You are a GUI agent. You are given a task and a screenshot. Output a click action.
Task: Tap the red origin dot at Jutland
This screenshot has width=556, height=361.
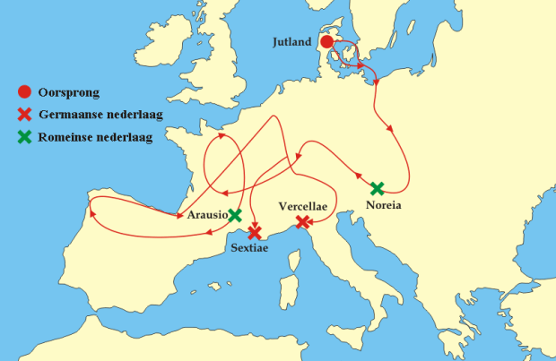(x=327, y=42)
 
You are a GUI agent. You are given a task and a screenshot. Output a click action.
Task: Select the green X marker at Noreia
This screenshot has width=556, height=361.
(x=378, y=188)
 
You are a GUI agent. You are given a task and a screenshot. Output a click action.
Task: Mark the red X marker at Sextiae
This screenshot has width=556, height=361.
(x=255, y=232)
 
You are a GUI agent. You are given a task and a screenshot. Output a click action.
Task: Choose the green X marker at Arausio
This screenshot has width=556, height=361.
(x=235, y=215)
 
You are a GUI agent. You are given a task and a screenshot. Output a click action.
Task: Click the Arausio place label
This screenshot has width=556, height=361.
(x=206, y=216)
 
